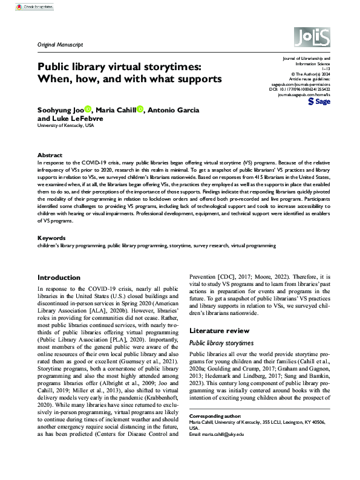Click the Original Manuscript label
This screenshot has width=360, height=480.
pos(61,45)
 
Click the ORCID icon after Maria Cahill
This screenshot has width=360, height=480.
pos(140,109)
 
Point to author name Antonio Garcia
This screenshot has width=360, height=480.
pos(173,110)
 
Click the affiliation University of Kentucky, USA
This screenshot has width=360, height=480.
pos(66,126)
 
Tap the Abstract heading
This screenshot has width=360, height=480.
pos(50,155)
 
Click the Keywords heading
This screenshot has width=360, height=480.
pos(51,239)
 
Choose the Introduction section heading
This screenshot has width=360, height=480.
pos(59,277)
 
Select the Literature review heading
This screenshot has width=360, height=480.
pos(220,331)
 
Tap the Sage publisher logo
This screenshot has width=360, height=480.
pos(319,102)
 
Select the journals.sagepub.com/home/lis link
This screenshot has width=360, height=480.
pos(304,94)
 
